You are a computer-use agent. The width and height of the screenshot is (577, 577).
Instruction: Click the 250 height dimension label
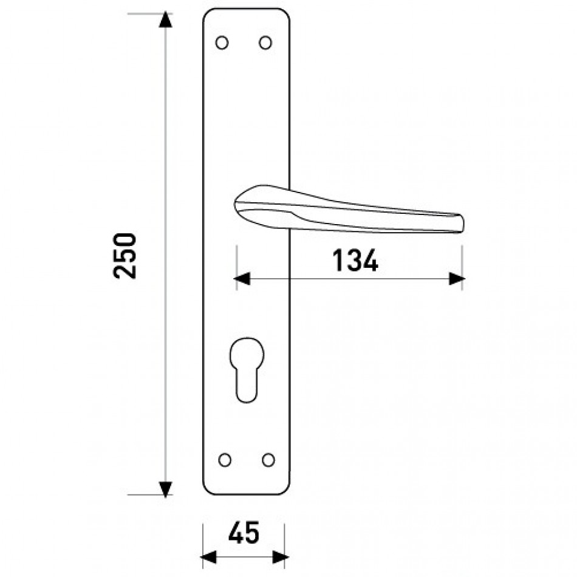click(125, 256)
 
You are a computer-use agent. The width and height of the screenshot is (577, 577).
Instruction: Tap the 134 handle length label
click(355, 261)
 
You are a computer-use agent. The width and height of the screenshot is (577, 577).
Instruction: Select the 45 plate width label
click(244, 533)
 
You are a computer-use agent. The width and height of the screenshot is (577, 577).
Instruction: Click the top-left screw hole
click(222, 43)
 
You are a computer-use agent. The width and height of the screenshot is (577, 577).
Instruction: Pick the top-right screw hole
click(265, 43)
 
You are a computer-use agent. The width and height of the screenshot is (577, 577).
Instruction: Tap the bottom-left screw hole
click(225, 460)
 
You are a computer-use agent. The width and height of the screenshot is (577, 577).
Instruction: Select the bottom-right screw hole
click(268, 460)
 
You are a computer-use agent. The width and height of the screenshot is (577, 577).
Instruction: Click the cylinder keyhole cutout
click(247, 370)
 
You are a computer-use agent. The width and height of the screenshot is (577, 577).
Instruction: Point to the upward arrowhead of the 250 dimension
click(165, 20)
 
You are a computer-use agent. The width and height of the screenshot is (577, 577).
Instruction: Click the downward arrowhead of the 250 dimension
click(165, 489)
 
